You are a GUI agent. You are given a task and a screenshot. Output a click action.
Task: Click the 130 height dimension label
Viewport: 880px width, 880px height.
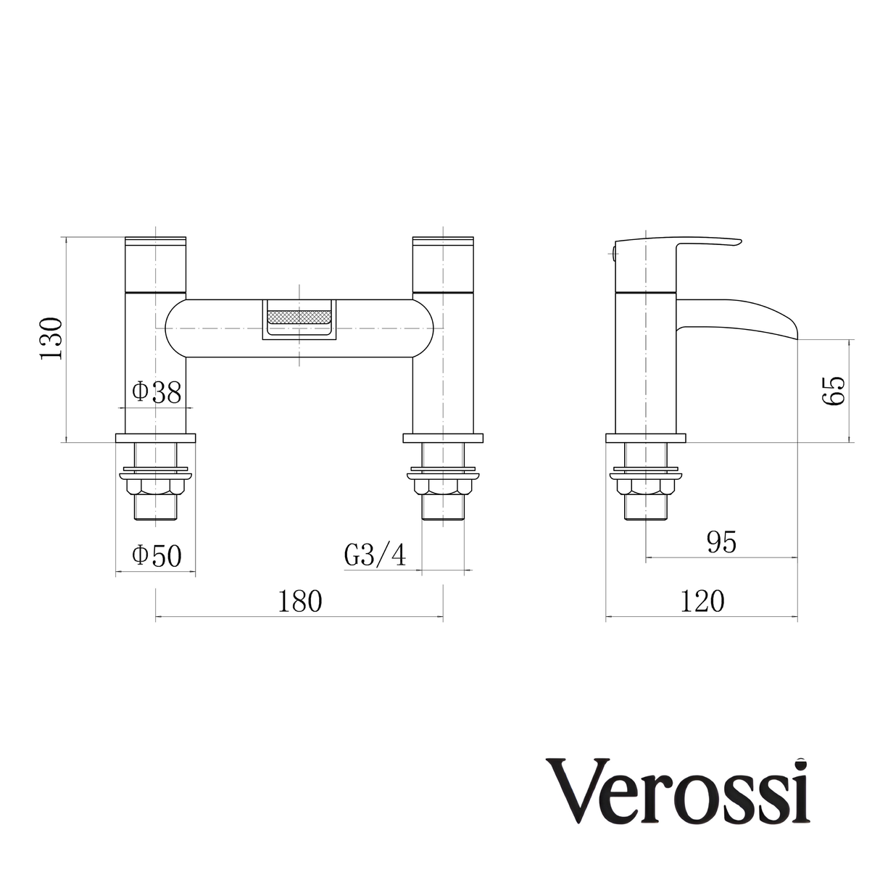52,339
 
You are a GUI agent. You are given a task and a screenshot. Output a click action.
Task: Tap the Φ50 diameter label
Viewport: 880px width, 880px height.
156,556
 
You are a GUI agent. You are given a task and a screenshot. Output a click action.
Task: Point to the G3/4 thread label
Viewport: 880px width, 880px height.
375,556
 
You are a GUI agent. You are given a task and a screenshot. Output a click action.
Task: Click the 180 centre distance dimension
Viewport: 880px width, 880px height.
300,601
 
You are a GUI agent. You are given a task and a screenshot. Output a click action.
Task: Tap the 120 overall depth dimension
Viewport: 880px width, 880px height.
701,601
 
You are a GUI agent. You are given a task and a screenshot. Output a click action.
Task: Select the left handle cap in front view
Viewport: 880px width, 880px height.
156,264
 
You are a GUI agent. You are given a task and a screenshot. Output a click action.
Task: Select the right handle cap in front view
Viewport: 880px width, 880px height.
443,264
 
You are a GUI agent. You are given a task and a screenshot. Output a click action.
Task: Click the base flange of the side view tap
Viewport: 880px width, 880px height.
645,439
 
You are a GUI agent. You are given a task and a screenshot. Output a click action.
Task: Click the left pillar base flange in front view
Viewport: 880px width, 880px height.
156,439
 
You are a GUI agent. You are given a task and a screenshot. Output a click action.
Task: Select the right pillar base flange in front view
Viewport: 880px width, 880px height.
443,439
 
